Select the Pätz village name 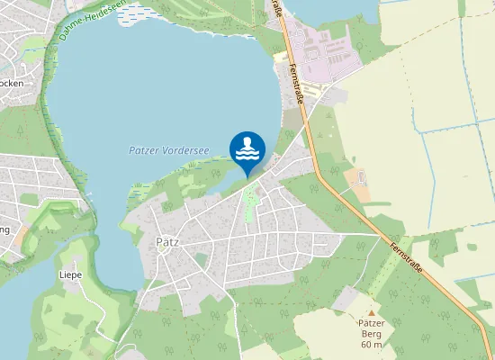coord(167,242)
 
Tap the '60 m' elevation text coord(372,345)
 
